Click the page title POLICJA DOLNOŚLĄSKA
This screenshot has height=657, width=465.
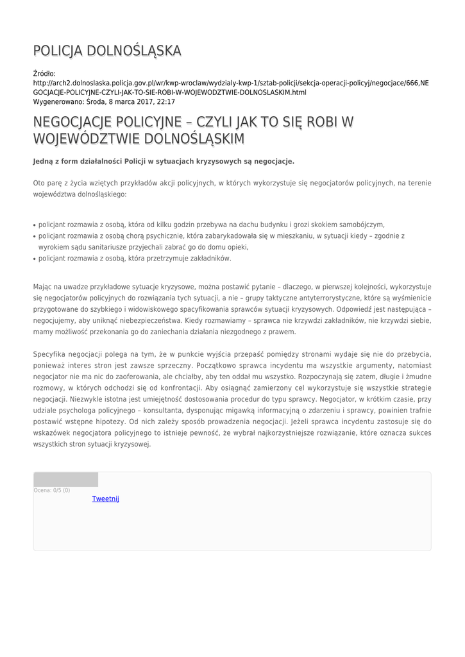click(x=107, y=51)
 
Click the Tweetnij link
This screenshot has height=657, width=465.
click(x=106, y=499)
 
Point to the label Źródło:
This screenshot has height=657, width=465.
click(x=44, y=74)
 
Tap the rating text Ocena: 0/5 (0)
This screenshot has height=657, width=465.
click(x=52, y=490)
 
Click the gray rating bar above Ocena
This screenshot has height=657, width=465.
click(x=66, y=479)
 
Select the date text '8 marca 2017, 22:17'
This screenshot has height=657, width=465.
click(x=140, y=101)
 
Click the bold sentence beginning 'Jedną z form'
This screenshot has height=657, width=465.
click(x=164, y=161)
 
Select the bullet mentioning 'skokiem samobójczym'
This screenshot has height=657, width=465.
click(x=211, y=225)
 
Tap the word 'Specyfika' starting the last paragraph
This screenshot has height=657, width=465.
click(x=50, y=354)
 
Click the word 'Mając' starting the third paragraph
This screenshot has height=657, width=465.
click(x=44, y=287)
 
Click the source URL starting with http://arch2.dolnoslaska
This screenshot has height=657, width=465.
click(x=231, y=83)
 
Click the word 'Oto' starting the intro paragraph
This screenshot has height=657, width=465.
click(x=40, y=183)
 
